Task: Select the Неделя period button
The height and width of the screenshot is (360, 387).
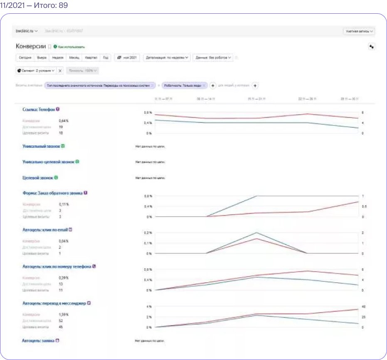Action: coord(57,58)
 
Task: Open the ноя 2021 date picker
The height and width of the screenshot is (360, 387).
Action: coord(128,58)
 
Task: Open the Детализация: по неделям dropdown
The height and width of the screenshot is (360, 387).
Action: coord(167,58)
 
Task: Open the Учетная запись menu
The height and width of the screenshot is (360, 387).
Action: coord(359,31)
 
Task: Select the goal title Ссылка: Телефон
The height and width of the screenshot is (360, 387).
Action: coord(39,109)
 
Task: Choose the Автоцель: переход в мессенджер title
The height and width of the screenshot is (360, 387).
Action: coord(54,303)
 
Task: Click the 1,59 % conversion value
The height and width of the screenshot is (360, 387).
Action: coord(64,315)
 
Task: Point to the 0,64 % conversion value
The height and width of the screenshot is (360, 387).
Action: coord(64,121)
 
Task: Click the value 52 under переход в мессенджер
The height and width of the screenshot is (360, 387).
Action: coord(61,321)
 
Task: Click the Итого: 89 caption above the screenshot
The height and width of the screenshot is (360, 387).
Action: coord(35,6)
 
